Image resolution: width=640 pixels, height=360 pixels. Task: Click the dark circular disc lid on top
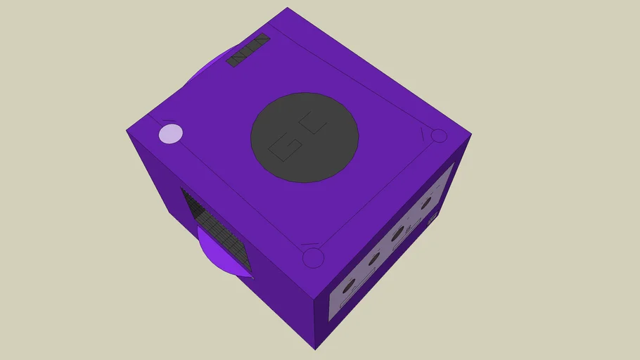305,137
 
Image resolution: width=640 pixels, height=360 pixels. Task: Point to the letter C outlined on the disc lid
314,124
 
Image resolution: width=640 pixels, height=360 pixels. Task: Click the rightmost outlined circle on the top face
439,136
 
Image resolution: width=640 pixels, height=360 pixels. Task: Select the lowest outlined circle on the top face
312,258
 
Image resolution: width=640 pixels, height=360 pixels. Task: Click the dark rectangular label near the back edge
248,50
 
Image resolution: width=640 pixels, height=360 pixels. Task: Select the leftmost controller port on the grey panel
349,285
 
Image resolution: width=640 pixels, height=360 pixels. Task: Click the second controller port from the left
373,258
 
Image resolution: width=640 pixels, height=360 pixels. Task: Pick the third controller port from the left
398,233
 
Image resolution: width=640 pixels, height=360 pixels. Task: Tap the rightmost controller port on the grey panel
425,203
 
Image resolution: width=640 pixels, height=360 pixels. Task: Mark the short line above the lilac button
169,121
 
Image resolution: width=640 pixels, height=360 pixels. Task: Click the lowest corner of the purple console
315,348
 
